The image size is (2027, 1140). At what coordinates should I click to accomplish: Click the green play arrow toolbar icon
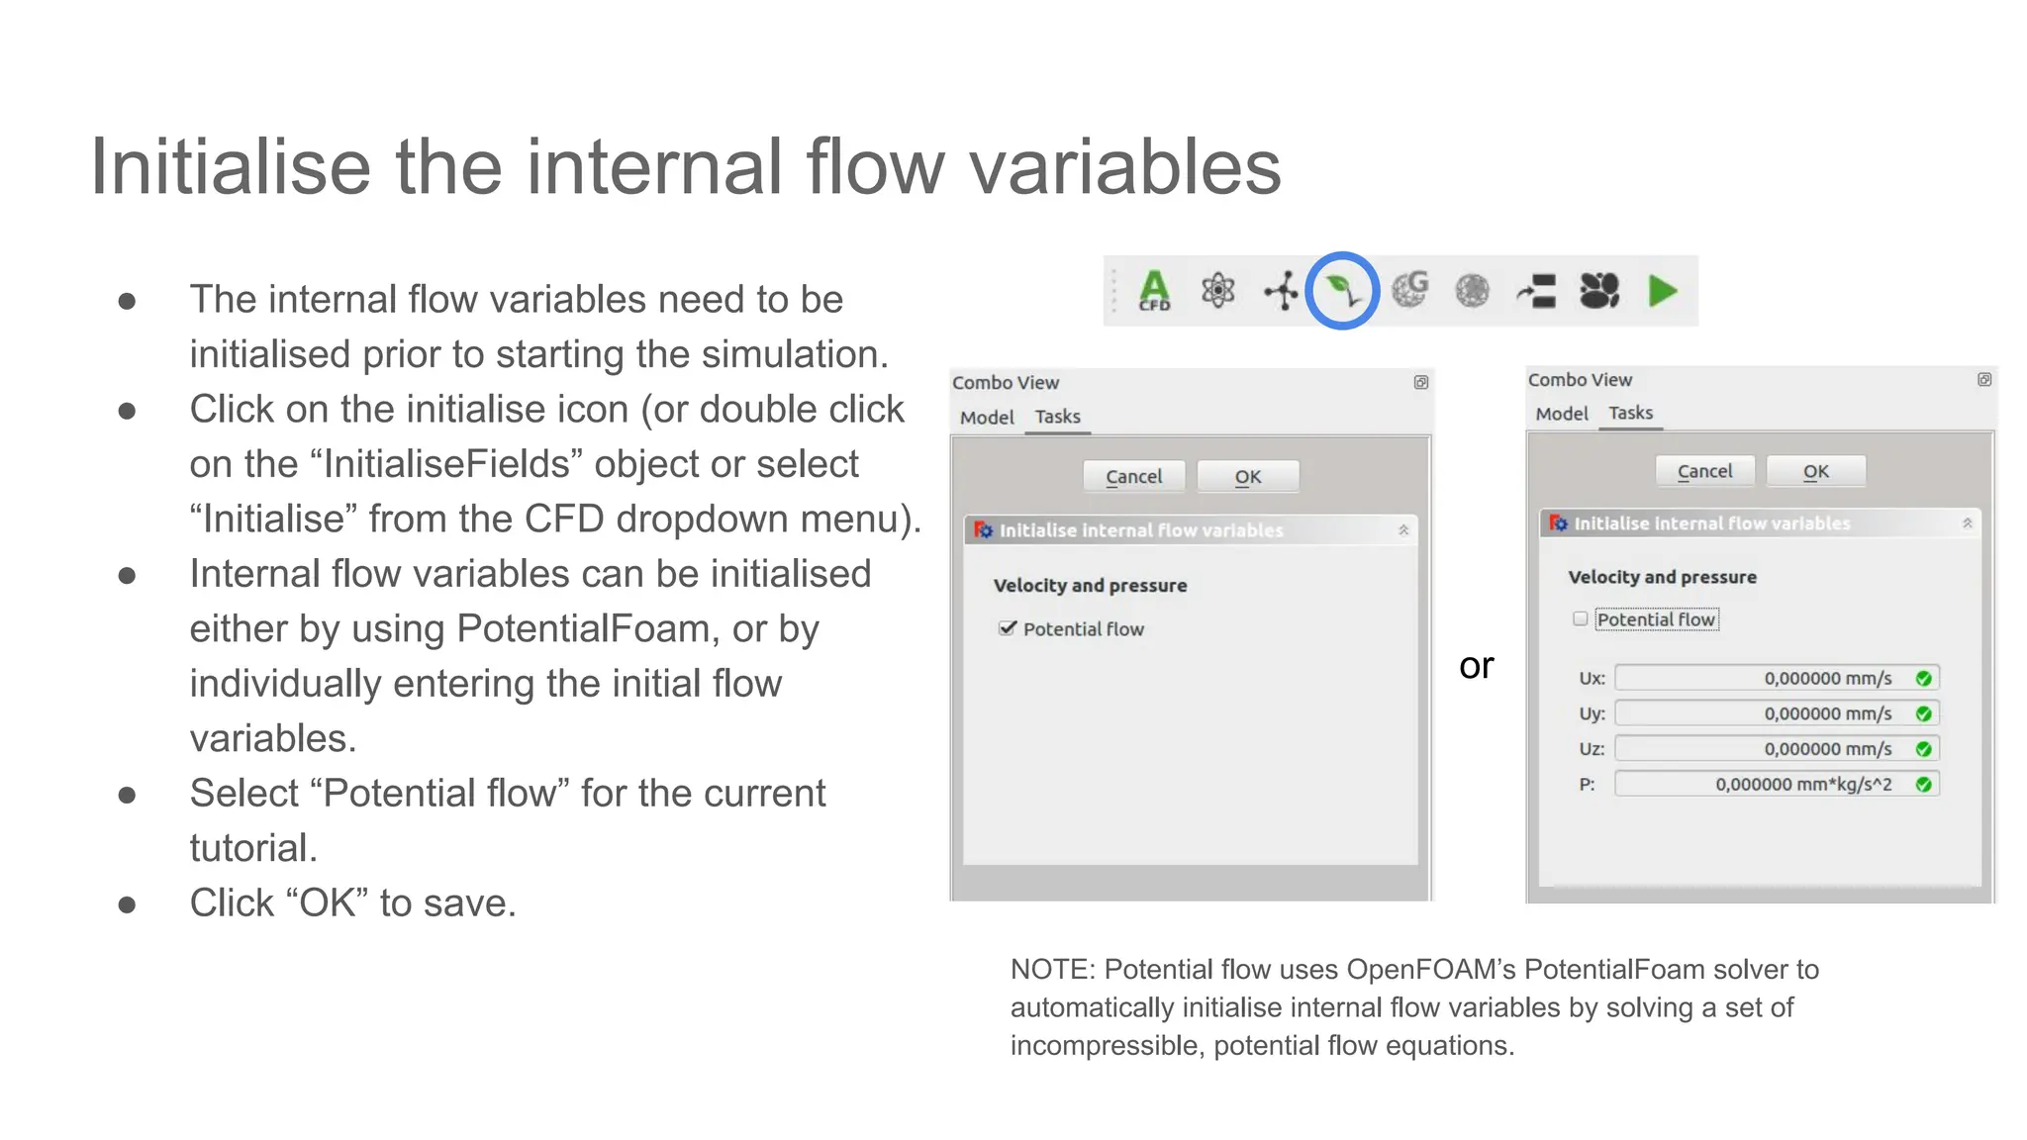(x=1663, y=291)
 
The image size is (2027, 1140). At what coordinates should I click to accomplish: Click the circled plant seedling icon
(x=1341, y=291)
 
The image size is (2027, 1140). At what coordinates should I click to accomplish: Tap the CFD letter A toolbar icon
(x=1154, y=291)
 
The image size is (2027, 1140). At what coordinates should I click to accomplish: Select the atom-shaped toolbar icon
(x=1217, y=291)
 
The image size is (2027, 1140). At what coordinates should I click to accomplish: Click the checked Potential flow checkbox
(x=1008, y=628)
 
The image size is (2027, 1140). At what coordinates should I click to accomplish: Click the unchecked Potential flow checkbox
(x=1581, y=619)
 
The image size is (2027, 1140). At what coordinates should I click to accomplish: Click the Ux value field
(x=1762, y=678)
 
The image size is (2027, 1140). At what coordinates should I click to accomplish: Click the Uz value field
(x=1762, y=749)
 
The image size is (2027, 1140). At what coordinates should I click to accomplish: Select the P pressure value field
(x=1762, y=785)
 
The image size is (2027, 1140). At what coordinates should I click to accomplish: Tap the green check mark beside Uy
(x=1923, y=713)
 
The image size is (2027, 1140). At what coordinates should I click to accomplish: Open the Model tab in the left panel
(x=987, y=418)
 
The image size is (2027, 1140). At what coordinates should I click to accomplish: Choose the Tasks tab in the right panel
(x=1630, y=413)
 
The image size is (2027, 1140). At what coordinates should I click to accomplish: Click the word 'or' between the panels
(x=1476, y=666)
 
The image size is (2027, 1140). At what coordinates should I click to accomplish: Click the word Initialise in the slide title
(x=230, y=166)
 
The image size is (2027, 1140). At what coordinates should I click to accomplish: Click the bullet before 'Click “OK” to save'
(x=127, y=904)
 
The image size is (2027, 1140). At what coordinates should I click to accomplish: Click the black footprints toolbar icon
(x=1598, y=291)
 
